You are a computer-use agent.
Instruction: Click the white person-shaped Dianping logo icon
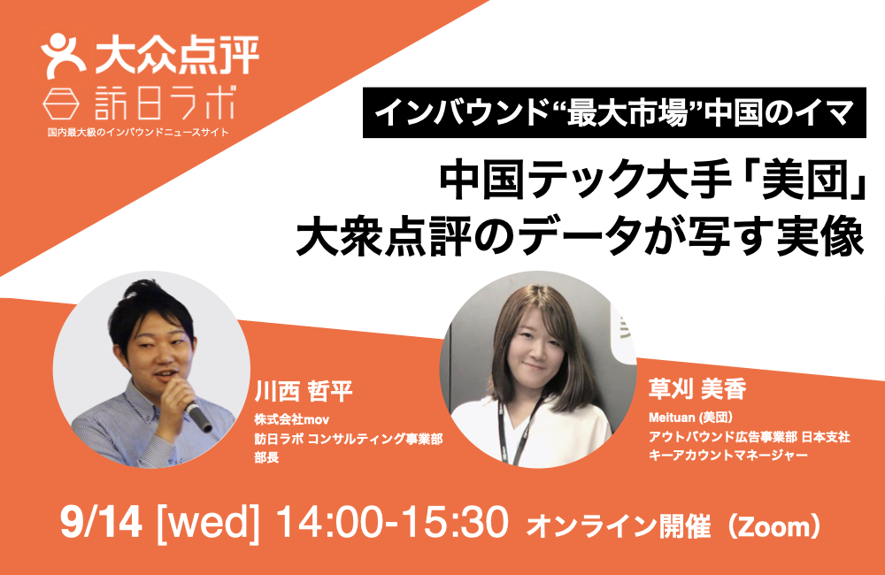62,56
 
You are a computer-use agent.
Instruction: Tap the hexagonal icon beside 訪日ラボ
60,103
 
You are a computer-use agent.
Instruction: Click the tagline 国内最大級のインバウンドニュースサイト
138,133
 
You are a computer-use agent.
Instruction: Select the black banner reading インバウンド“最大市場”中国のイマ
614,112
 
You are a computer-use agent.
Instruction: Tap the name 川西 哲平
304,390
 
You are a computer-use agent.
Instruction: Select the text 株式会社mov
292,419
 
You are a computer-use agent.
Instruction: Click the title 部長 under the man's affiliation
266,457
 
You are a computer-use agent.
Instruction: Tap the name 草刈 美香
697,388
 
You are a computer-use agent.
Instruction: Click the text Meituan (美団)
691,418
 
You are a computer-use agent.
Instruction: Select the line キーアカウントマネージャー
728,455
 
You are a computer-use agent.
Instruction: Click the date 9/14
101,522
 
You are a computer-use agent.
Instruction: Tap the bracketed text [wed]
207,523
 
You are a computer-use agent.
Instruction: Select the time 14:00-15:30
392,522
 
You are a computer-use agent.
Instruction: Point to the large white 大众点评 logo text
177,55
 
